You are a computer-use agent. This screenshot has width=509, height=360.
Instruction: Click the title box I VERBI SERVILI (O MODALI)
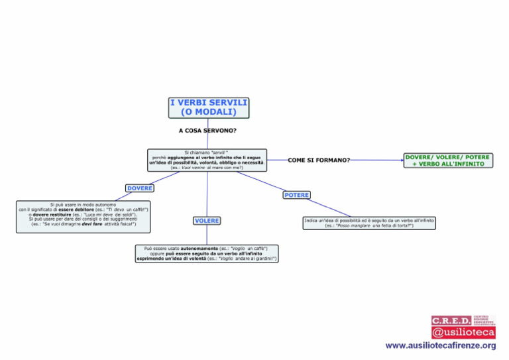(208, 107)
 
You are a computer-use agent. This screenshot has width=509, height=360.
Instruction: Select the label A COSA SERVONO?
(207, 131)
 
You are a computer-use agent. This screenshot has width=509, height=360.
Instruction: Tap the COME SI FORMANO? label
(319, 160)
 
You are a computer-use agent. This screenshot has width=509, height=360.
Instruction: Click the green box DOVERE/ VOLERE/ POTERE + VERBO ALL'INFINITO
(447, 160)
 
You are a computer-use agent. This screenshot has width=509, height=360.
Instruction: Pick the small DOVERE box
(140, 188)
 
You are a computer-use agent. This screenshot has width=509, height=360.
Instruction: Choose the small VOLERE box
(207, 220)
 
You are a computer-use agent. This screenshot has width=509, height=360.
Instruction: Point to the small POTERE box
(296, 195)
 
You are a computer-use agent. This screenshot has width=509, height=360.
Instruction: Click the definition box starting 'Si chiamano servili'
(207, 160)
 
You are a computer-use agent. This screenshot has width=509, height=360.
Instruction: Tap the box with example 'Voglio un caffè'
(206, 253)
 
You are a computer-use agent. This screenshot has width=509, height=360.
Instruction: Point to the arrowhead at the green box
(401, 160)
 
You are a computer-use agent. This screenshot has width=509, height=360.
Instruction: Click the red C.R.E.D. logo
(452, 321)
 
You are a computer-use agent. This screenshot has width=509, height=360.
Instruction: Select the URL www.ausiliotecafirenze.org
(441, 346)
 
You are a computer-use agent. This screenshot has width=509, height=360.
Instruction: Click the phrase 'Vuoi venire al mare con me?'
(207, 168)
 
